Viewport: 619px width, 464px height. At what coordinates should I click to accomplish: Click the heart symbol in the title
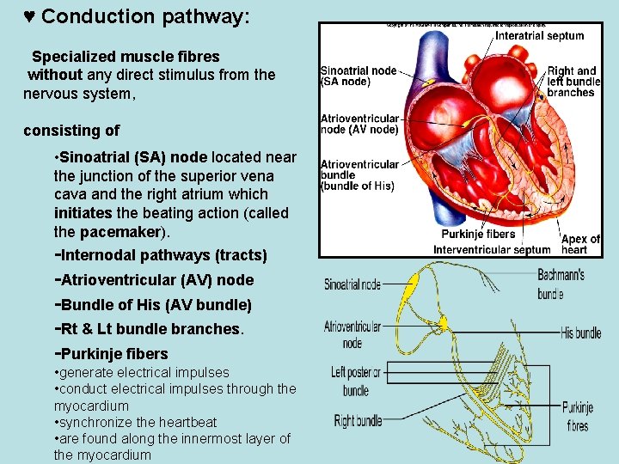(x=29, y=17)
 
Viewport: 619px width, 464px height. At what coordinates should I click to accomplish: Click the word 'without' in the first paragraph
(x=55, y=75)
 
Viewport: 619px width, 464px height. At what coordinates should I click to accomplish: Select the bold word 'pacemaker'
(x=120, y=231)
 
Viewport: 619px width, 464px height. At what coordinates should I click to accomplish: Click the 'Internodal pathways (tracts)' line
(x=161, y=255)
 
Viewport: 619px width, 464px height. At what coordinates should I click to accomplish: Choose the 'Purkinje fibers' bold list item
(x=111, y=353)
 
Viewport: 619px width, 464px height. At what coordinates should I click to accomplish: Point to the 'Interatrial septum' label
(x=539, y=36)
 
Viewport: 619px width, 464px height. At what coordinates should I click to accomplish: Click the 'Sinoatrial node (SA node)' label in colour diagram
(x=359, y=76)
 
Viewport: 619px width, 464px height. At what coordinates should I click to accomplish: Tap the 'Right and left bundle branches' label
(x=573, y=82)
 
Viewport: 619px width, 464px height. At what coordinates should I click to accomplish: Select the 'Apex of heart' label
(x=580, y=244)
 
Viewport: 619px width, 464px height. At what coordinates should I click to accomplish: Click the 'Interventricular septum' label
(x=491, y=249)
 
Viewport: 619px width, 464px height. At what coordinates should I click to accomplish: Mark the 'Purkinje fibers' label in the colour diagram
(x=478, y=234)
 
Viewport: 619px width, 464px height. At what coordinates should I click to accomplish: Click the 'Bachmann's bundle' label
(x=561, y=284)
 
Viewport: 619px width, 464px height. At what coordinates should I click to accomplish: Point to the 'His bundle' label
(x=580, y=333)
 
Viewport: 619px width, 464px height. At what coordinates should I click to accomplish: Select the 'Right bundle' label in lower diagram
(x=358, y=420)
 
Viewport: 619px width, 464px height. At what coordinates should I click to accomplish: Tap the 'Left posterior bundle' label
(x=355, y=381)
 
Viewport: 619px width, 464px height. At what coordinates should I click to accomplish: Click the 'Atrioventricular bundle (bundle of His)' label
(x=359, y=174)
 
